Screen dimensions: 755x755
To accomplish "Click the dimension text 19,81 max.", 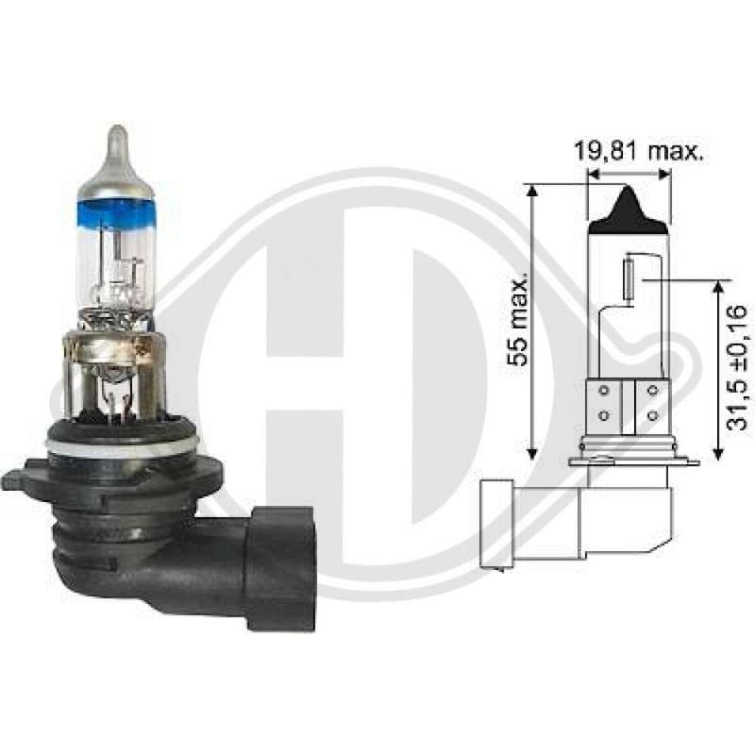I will coord(639,152).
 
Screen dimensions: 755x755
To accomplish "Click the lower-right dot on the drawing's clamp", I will coord(651,414).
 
